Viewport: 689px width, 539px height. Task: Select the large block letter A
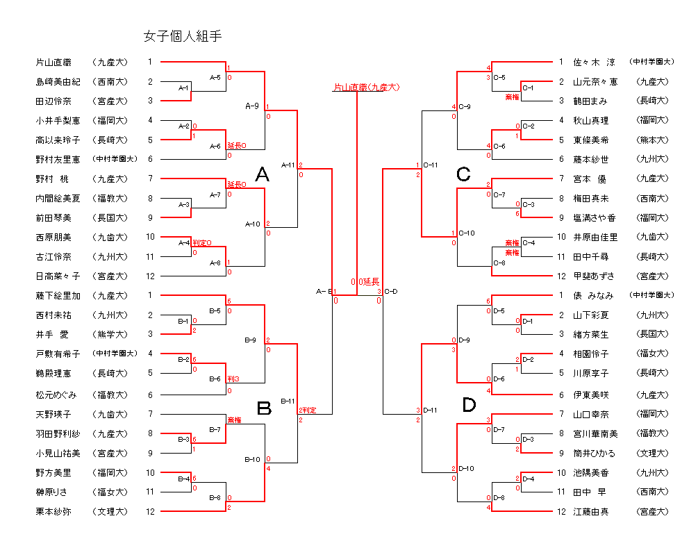262,176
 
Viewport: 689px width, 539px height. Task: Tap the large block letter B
264,408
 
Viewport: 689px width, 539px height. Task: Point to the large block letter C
463,175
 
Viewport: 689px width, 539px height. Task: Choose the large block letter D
470,405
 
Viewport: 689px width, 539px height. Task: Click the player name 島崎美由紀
58,82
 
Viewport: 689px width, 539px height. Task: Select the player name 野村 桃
53,179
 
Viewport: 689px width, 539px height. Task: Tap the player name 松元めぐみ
58,395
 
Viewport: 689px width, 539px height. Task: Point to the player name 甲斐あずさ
595,276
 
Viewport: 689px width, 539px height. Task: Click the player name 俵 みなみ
594,295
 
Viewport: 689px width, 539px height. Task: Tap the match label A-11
288,165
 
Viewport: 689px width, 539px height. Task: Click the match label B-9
251,340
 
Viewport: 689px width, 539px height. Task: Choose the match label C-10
467,233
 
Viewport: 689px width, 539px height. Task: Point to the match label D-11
430,410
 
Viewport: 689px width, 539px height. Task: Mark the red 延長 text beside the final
371,281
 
